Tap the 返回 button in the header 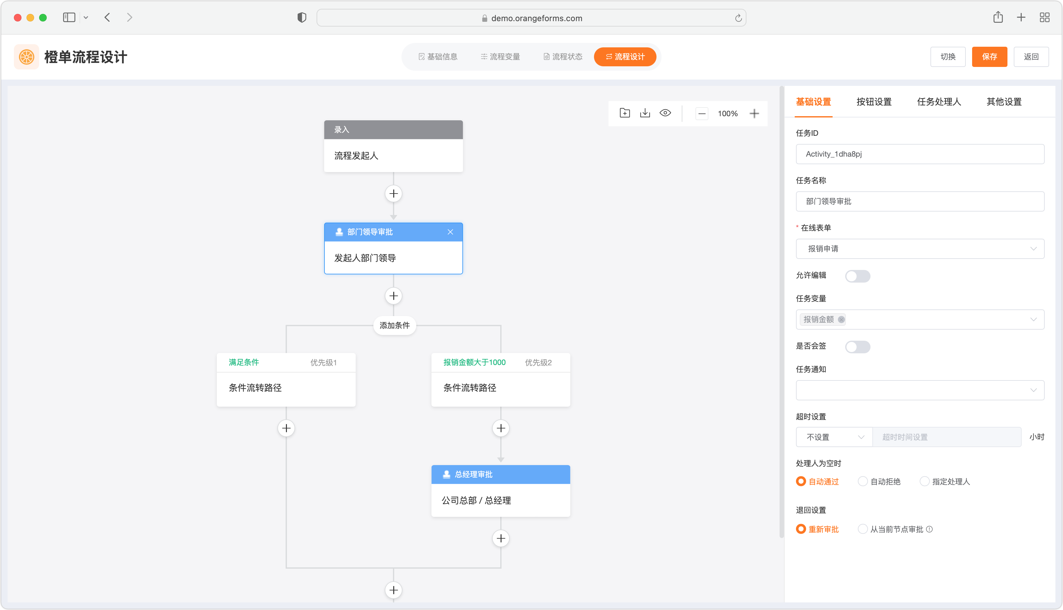1031,57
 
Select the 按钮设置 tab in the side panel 874,101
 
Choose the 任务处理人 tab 939,101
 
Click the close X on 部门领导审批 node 450,232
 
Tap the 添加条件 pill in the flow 395,325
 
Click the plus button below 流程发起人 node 393,194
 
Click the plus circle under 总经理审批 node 501,538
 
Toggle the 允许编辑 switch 858,276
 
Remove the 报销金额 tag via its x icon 841,319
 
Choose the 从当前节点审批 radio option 863,529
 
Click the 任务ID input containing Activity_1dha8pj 920,154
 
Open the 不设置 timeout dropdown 834,437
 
